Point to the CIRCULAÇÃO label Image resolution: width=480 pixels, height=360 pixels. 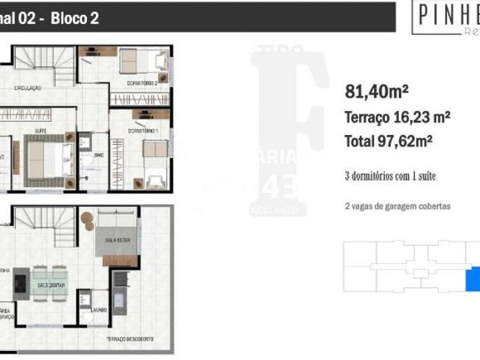coord(27,88)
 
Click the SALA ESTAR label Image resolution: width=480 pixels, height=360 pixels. coord(115,241)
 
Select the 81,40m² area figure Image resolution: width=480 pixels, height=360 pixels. coord(376,91)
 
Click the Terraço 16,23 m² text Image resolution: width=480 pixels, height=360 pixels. coord(397,117)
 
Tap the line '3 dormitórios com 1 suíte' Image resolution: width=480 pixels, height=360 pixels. coord(390,176)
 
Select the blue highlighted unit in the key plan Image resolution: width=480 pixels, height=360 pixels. coord(473,280)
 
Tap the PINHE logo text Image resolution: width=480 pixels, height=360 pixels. coord(447,13)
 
